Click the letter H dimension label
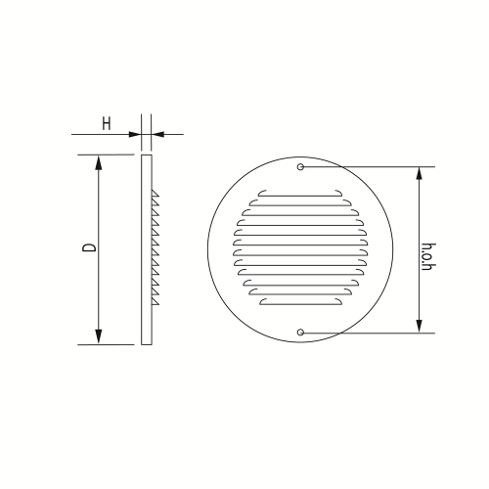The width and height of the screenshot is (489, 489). tap(107, 124)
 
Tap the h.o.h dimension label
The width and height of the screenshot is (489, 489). tap(428, 257)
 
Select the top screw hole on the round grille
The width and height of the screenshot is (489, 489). tap(300, 167)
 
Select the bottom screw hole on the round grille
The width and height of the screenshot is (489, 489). tap(300, 333)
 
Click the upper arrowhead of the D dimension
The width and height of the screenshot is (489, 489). tap(99, 162)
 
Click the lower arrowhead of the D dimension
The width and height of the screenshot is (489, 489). tap(99, 336)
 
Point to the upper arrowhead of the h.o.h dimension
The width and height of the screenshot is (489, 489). tap(420, 174)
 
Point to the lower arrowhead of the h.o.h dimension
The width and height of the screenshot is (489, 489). tap(420, 326)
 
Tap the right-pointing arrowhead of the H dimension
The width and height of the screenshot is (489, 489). tap(135, 134)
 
